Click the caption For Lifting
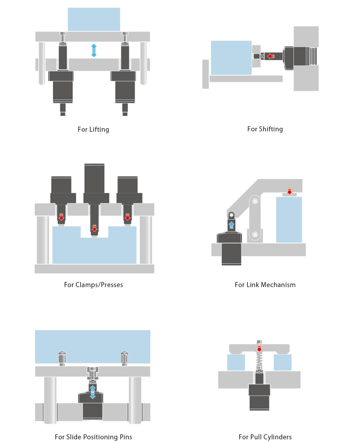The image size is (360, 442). click(93, 129)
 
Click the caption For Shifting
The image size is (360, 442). click(265, 129)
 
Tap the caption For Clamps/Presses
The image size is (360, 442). click(93, 285)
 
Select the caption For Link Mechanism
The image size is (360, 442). click(265, 285)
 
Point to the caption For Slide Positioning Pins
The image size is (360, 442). click(93, 437)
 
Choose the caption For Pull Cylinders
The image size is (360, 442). click(265, 437)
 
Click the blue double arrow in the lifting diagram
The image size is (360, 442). click(94, 51)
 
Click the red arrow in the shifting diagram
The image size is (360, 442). click(271, 57)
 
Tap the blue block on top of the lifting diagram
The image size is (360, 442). click(94, 19)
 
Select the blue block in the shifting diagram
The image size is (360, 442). click(231, 57)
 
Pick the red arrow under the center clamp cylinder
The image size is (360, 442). click(94, 229)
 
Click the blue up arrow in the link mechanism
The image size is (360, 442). click(231, 225)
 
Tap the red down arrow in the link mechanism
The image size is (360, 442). click(289, 191)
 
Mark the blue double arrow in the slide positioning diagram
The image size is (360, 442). click(93, 392)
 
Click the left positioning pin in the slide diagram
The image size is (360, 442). click(62, 358)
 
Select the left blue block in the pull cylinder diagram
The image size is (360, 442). click(236, 363)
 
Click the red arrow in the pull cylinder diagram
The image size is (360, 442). click(259, 348)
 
